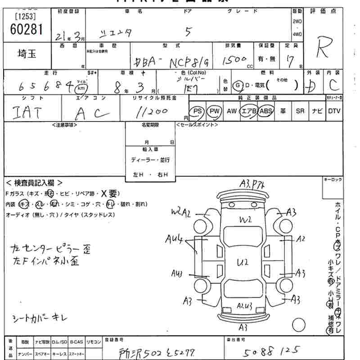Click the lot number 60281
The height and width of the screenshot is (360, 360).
(x=26, y=30)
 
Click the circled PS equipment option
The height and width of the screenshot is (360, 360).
(x=196, y=111)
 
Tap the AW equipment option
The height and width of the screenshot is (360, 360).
(x=231, y=111)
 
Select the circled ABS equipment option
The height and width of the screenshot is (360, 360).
(x=266, y=111)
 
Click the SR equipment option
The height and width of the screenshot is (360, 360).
(x=300, y=111)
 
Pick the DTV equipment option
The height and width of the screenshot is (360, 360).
(x=334, y=111)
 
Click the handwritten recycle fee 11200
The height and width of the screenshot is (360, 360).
(x=152, y=111)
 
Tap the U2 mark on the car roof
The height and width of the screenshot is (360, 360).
(x=243, y=262)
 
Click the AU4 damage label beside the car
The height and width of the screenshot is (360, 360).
(x=173, y=240)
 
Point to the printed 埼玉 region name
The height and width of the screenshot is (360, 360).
(x=27, y=54)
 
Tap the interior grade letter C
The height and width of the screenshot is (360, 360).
(x=333, y=84)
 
